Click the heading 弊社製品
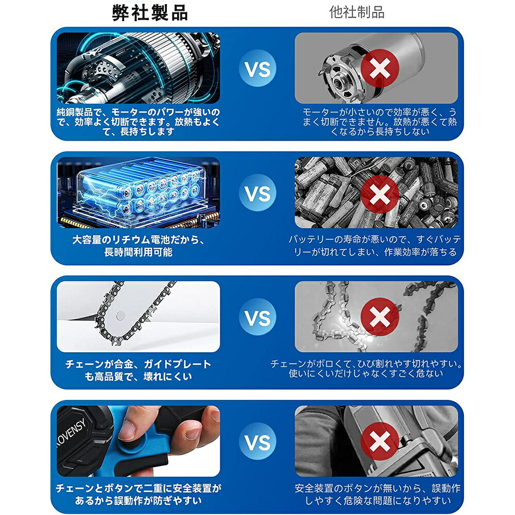[x=150, y=13]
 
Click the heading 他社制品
[x=357, y=12]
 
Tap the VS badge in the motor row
[x=257, y=68]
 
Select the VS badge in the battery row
[x=257, y=193]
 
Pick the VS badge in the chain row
[x=257, y=317]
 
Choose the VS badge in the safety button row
[x=257, y=441]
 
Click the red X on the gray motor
[x=380, y=68]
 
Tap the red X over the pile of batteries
[x=380, y=194]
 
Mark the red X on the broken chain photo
[x=380, y=317]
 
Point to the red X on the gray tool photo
[x=380, y=441]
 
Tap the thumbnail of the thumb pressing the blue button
[x=138, y=441]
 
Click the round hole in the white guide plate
[x=121, y=316]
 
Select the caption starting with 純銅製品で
[x=138, y=122]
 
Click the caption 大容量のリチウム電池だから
[x=138, y=240]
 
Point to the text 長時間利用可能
[x=138, y=252]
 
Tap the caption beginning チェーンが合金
[x=138, y=370]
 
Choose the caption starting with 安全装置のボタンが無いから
[x=377, y=494]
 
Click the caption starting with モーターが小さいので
[x=380, y=122]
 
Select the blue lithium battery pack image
[x=138, y=193]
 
